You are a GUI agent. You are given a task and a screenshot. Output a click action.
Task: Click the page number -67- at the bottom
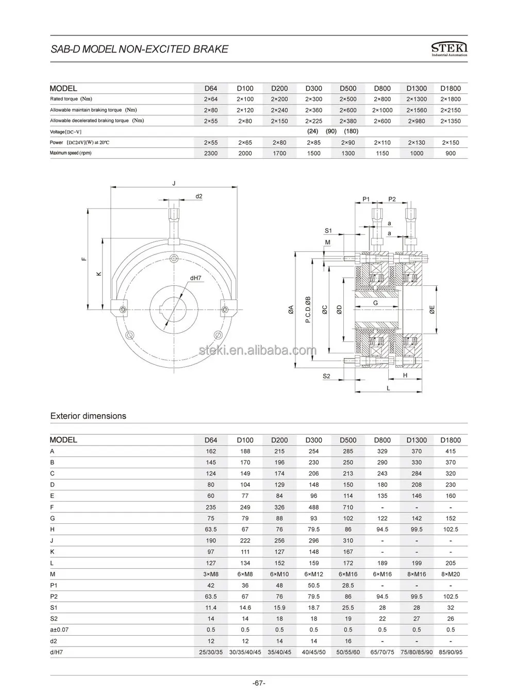[x=259, y=683]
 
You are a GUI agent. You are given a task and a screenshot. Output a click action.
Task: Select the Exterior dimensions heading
[x=88, y=416]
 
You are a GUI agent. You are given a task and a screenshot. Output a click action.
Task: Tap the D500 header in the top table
[x=348, y=88]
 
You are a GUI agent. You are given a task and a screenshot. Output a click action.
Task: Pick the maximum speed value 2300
[x=211, y=153]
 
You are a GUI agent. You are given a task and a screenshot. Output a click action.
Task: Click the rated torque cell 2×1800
[x=451, y=99]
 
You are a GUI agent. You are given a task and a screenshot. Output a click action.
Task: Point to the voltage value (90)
[x=331, y=131]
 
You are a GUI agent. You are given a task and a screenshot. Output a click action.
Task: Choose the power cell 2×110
[x=382, y=142]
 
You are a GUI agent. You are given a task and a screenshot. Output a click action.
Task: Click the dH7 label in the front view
[x=195, y=278]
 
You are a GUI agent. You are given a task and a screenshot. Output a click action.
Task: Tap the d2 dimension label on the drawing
[x=198, y=196]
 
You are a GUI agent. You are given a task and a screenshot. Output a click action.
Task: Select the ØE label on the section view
[x=433, y=310]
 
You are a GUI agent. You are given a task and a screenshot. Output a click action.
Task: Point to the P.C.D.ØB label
[x=308, y=310]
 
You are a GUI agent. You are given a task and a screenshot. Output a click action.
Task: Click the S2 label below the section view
[x=326, y=376]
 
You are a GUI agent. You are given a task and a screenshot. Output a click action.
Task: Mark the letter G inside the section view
[x=375, y=303]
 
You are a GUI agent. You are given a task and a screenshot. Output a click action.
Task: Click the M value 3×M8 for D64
[x=211, y=574]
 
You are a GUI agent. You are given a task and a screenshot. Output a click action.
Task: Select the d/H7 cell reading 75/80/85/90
[x=417, y=652]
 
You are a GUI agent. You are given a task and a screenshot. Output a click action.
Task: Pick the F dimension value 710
[x=348, y=507]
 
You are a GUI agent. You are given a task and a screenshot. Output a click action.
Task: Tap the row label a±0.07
[x=60, y=629]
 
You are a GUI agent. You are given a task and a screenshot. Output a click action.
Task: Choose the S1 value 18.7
[x=313, y=607]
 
